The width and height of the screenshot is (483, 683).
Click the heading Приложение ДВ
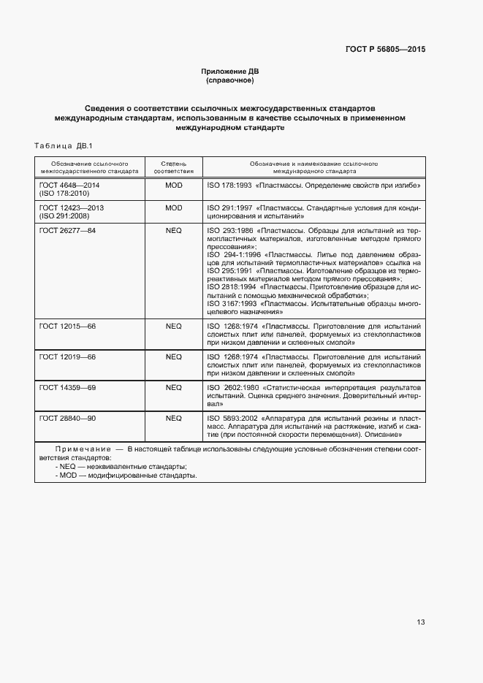click(x=230, y=71)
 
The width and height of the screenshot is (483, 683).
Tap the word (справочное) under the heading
click(x=230, y=80)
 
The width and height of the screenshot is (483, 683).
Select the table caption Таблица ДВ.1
click(x=64, y=145)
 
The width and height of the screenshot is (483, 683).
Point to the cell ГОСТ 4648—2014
click(x=72, y=186)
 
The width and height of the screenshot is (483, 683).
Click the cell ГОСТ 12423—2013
click(x=72, y=208)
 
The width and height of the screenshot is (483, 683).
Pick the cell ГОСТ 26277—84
click(x=68, y=230)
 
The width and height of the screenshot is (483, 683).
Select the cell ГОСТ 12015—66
click(x=68, y=326)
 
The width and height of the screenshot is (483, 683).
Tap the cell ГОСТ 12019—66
click(x=68, y=356)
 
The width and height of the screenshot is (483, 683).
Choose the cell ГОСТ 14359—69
click(x=68, y=387)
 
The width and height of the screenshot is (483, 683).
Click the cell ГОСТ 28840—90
click(x=68, y=418)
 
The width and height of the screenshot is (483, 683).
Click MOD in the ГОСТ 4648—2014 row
click(x=173, y=186)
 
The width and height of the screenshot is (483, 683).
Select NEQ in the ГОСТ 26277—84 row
click(x=173, y=230)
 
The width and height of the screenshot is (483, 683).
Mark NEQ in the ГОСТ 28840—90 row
click(x=173, y=418)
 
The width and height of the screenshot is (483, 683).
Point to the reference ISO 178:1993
click(x=229, y=186)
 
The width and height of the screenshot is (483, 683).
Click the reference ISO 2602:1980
click(x=232, y=387)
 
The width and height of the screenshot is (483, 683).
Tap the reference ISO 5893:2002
click(x=232, y=418)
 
